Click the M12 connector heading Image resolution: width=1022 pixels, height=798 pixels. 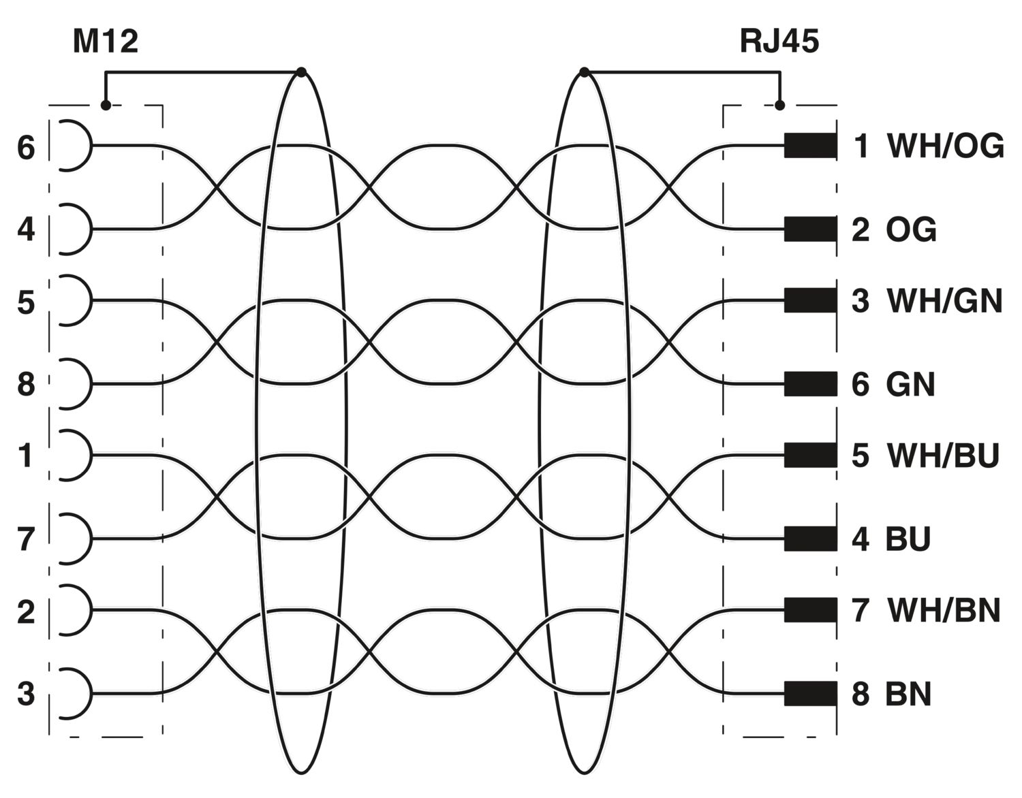point(106,42)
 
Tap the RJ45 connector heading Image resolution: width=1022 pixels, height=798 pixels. point(779,42)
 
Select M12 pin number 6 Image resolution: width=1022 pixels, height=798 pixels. point(26,147)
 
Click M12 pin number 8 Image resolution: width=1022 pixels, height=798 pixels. point(26,384)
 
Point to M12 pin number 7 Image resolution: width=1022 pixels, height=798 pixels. point(26,539)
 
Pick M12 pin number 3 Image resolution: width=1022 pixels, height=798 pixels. point(26,694)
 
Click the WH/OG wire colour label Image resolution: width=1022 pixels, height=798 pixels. point(945,146)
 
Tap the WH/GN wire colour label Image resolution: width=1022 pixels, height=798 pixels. point(944,301)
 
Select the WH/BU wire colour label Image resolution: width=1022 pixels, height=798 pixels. point(942,456)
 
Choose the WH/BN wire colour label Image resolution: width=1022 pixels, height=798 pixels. point(944,610)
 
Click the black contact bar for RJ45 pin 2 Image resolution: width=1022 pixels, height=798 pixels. point(810,229)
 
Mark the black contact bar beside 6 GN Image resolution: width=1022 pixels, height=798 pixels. point(810,384)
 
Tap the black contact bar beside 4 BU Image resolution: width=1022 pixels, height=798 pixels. point(810,539)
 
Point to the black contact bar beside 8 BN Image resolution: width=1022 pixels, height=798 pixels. point(810,694)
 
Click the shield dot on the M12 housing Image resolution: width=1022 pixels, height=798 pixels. point(106,106)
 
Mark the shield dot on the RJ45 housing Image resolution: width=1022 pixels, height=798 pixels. point(780,106)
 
